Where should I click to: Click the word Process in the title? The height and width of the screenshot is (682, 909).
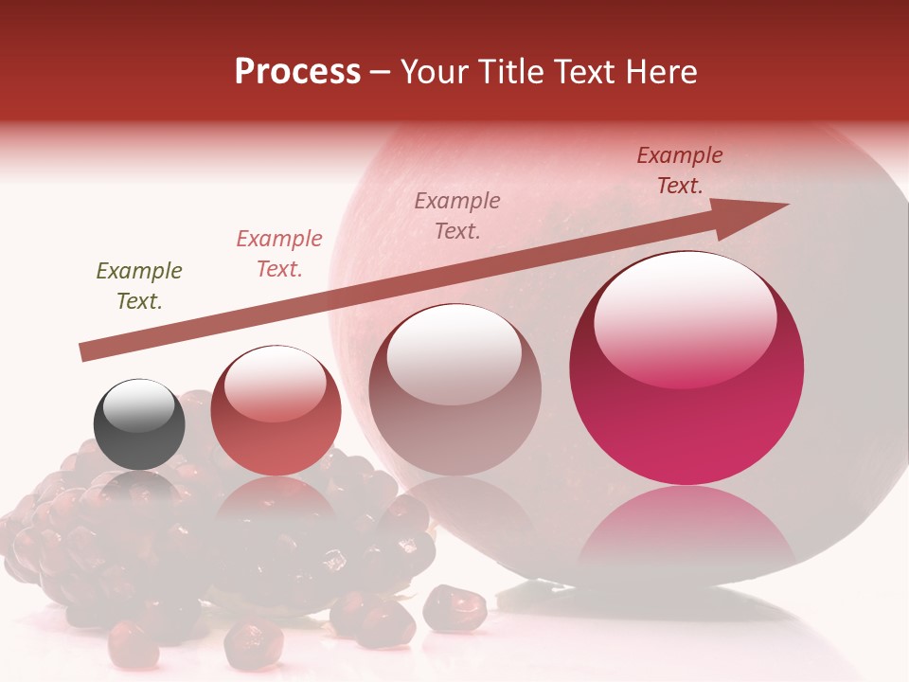[297, 72]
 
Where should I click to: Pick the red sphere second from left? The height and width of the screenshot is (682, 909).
[276, 412]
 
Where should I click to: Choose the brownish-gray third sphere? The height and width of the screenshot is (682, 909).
[454, 390]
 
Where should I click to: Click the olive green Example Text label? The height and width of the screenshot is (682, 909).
[139, 286]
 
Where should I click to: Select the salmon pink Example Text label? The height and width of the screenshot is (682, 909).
[279, 254]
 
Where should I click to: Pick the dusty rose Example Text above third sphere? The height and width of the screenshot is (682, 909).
[457, 215]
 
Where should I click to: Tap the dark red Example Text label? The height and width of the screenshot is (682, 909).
[680, 170]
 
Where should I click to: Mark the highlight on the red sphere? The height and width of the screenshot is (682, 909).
[275, 383]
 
